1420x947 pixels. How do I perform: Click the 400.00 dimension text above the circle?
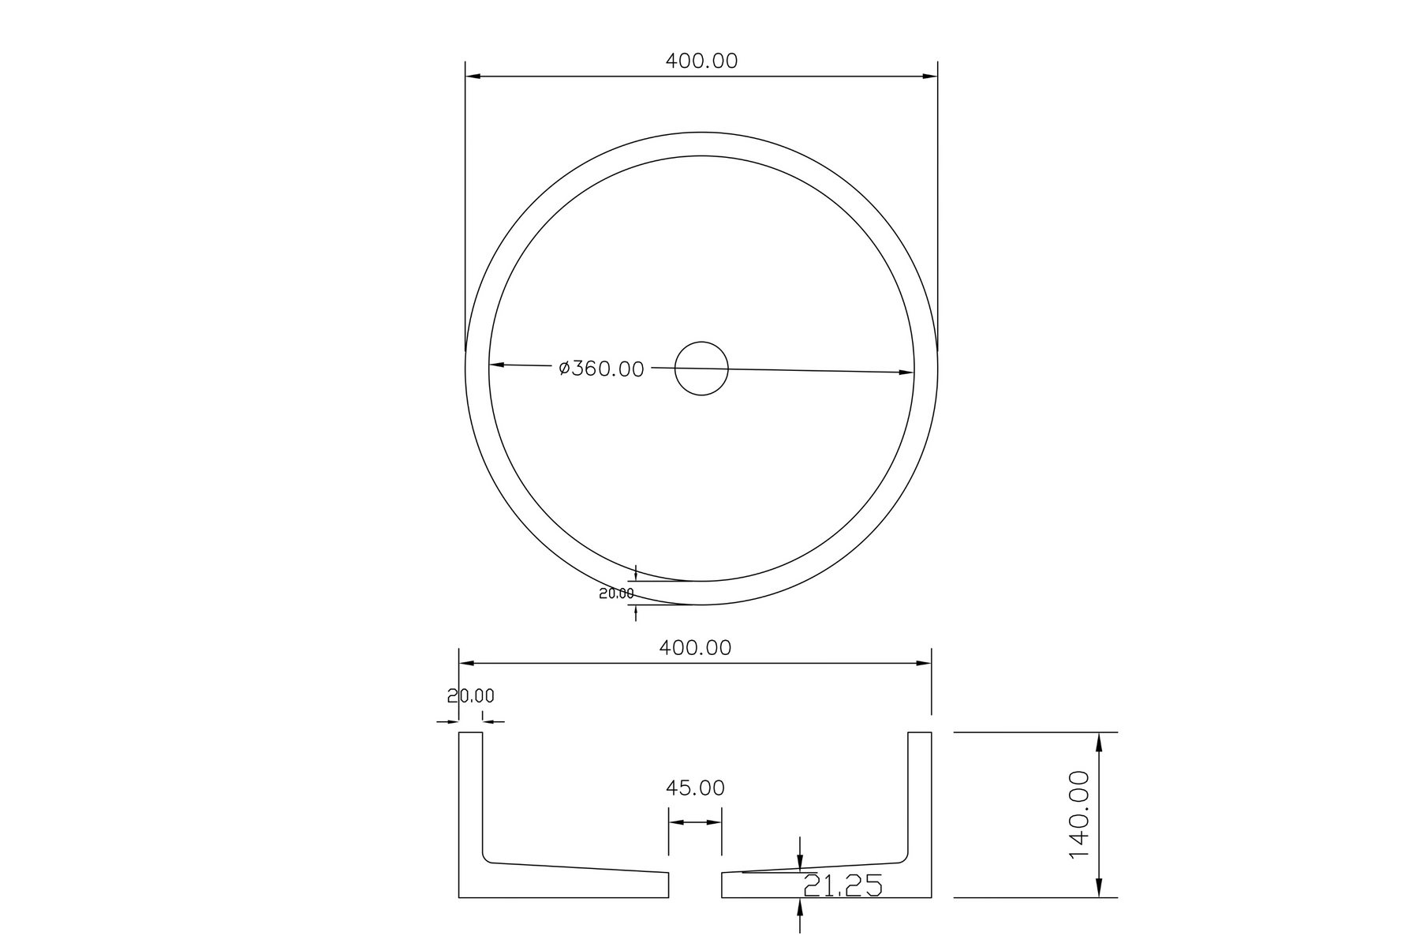(x=701, y=61)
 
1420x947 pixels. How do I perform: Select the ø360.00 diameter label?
(x=601, y=369)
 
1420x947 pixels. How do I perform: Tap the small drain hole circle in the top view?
(x=701, y=369)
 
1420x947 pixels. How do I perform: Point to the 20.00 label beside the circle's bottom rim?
(x=616, y=593)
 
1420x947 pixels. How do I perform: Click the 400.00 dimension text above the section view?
(x=695, y=648)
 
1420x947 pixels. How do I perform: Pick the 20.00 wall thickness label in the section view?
(x=471, y=696)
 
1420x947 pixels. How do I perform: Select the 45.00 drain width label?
(x=695, y=788)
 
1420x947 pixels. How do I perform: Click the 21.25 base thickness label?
(x=843, y=886)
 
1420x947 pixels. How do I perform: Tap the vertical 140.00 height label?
(x=1078, y=815)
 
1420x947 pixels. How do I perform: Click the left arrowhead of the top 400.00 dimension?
(x=473, y=77)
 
